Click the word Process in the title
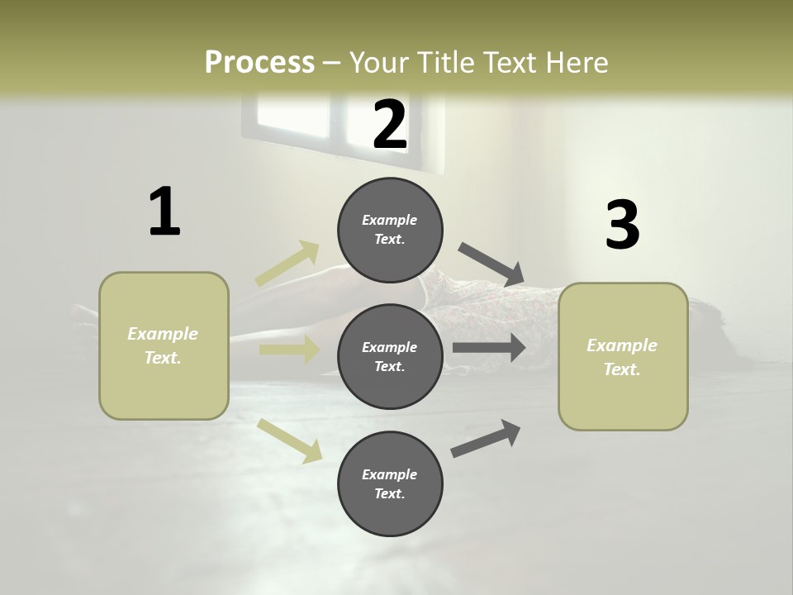259,63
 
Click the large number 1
164,212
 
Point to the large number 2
390,125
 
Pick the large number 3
622,225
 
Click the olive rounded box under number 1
164,345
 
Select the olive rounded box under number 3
623,357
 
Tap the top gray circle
390,230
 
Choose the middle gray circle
390,356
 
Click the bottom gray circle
390,483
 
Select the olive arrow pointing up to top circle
287,264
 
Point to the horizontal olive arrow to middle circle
288,350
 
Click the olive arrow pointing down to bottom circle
289,440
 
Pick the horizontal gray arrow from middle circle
489,348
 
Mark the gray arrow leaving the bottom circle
486,438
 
